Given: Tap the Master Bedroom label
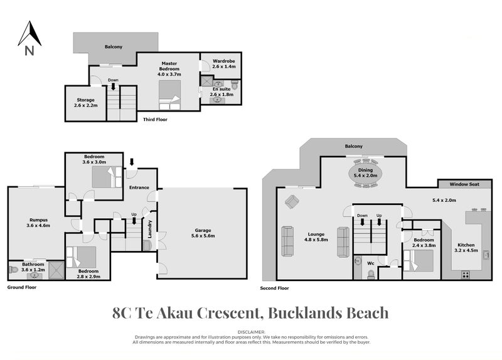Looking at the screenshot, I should click(169, 68).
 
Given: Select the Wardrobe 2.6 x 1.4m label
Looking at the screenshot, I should click(223, 63).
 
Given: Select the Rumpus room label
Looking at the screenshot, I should click(39, 222).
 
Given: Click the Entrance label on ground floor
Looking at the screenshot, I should click(139, 187).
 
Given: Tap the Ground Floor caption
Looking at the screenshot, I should click(22, 287).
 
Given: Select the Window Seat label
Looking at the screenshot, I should click(464, 184).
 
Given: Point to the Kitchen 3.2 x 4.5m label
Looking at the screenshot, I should click(466, 248).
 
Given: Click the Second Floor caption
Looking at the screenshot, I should click(274, 289).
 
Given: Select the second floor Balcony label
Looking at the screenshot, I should click(354, 147).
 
